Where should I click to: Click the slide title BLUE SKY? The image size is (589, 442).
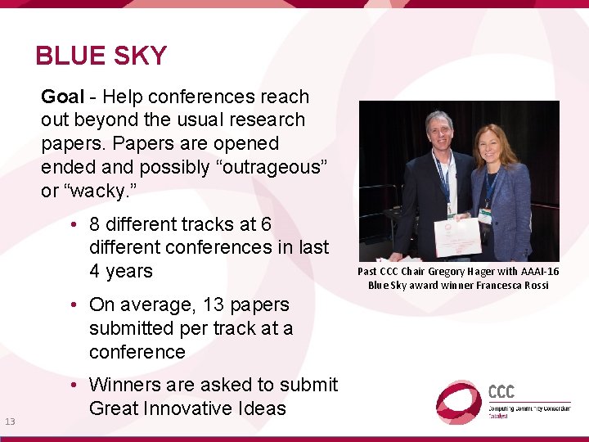click(101, 56)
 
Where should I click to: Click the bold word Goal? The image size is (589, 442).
click(62, 97)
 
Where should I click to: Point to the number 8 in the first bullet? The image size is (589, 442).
click(95, 224)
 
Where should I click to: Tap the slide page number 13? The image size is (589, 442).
click(10, 422)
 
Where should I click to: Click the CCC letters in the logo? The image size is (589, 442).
click(501, 391)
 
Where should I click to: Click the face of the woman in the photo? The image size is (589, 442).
click(492, 144)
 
